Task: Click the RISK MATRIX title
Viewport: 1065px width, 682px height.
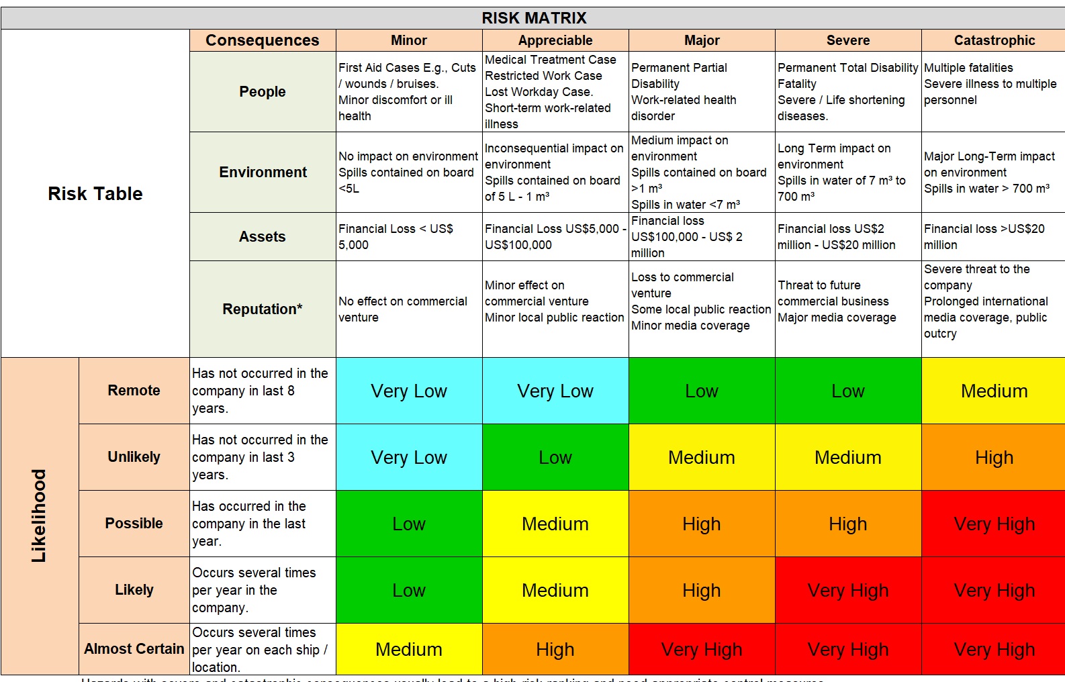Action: click(534, 18)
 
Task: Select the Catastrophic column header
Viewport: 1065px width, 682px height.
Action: click(994, 40)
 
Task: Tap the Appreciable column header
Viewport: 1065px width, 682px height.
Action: click(555, 40)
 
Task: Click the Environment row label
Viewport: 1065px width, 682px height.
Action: click(263, 173)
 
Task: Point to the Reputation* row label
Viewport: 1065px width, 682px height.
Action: click(263, 309)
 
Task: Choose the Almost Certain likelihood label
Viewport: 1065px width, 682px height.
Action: click(134, 649)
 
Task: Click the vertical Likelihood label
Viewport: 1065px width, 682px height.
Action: click(40, 516)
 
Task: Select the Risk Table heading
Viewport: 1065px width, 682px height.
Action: click(95, 194)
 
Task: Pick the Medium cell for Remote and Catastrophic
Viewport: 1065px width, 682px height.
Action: click(994, 391)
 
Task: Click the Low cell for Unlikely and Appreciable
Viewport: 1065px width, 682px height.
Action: click(555, 457)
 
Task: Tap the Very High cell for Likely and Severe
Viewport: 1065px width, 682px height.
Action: click(848, 590)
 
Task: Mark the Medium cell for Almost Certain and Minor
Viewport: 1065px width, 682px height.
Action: click(409, 649)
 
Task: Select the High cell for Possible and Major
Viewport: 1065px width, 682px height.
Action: click(702, 524)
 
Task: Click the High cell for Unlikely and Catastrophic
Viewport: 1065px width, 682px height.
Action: click(994, 457)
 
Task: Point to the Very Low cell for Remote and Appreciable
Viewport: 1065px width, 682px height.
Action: click(555, 391)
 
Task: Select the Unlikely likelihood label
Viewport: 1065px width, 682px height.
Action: click(134, 457)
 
